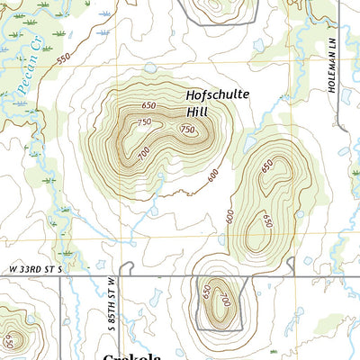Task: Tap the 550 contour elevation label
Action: pos(63,58)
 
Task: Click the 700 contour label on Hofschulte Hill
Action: pos(143,154)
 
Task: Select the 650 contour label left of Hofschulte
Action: pos(148,105)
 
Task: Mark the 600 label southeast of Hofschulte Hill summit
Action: pos(213,175)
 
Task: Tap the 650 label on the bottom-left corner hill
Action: pos(9,342)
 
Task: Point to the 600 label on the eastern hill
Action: pos(230,217)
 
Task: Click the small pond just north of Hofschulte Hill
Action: pos(149,67)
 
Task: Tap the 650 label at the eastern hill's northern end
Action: pos(266,166)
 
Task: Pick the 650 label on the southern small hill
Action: pos(206,292)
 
